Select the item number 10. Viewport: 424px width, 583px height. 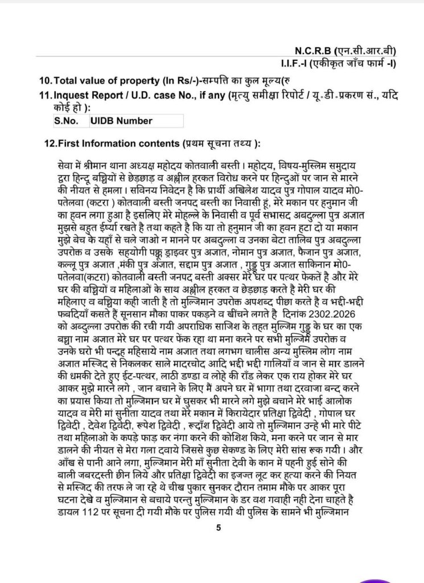44,80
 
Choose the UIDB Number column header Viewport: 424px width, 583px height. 121,121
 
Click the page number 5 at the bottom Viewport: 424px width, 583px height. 218,528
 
